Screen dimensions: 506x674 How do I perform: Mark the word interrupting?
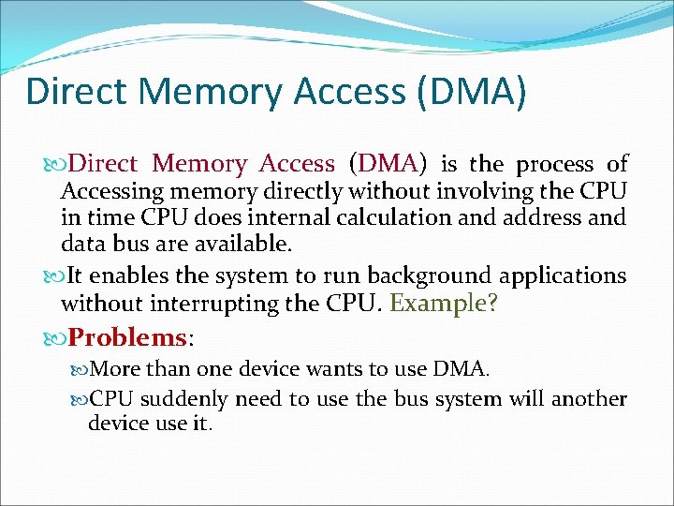[244, 303]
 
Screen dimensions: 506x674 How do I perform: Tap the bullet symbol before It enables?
[56, 276]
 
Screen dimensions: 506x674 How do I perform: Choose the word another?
[589, 398]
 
